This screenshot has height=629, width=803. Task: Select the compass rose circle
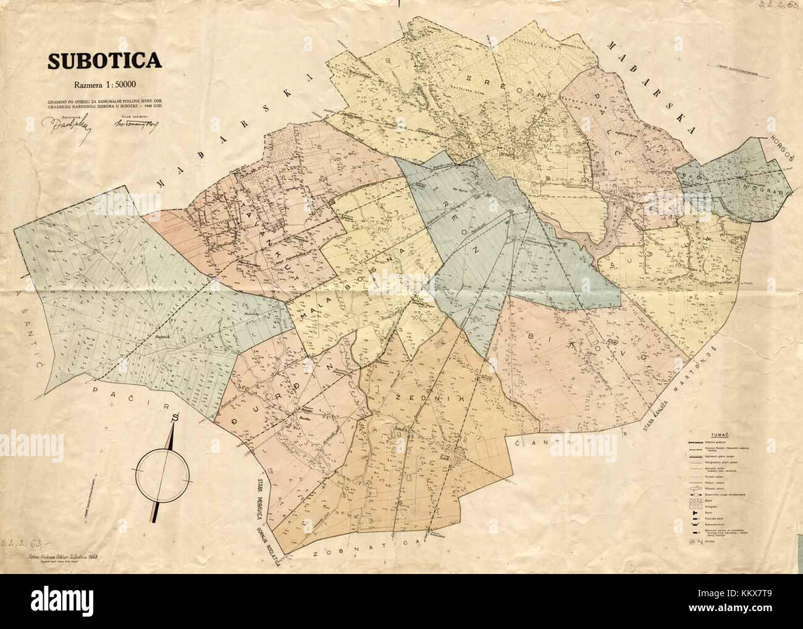[x=163, y=475]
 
